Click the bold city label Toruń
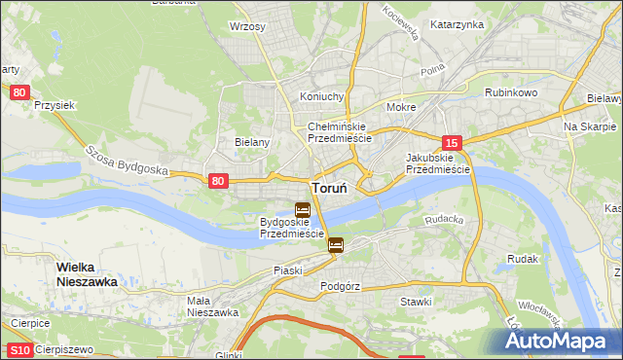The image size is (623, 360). click(x=330, y=188)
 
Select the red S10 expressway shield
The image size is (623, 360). click(x=18, y=350)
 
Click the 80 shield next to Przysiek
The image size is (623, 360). click(x=19, y=92)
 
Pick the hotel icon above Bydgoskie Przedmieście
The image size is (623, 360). click(x=302, y=209)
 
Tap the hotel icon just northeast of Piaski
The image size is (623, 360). click(x=336, y=245)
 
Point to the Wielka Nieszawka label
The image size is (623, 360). click(x=87, y=273)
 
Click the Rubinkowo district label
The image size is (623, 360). click(x=511, y=92)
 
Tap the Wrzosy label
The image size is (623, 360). click(x=247, y=26)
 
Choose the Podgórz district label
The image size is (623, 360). click(x=341, y=287)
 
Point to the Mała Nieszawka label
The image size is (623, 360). click(x=212, y=306)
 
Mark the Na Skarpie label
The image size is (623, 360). click(x=590, y=127)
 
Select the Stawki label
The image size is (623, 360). click(x=416, y=302)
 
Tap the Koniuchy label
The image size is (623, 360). click(x=322, y=96)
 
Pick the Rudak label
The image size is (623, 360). click(x=523, y=259)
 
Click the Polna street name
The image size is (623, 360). click(x=432, y=72)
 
